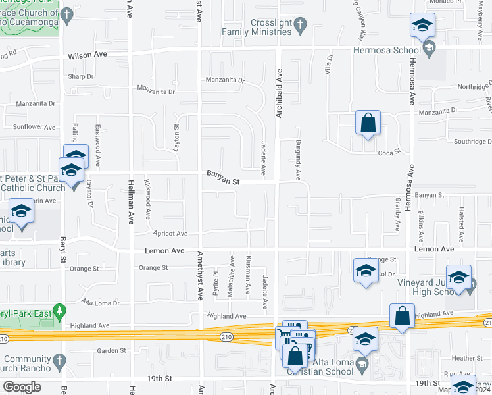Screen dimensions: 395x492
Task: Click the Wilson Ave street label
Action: click(88, 57)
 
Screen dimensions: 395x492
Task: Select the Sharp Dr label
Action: click(81, 76)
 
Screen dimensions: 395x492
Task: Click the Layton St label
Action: click(176, 139)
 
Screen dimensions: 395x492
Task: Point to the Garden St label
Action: click(111, 350)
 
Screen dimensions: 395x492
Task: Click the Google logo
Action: click(22, 387)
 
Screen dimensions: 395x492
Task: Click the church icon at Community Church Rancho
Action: click(58, 360)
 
